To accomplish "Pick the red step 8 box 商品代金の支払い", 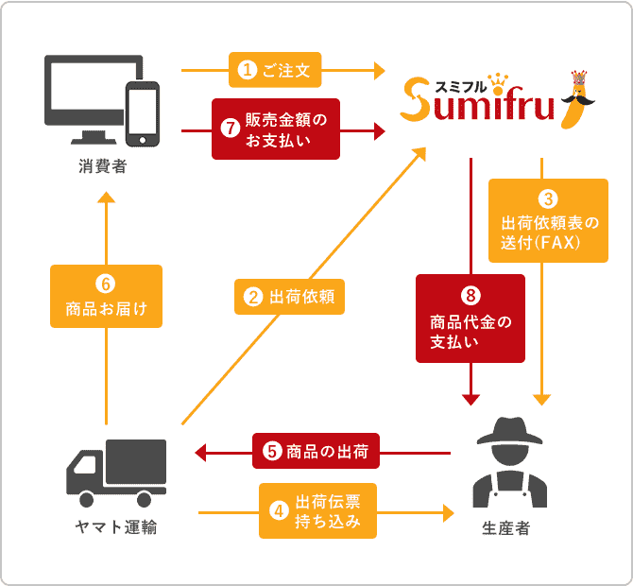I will point(470,319).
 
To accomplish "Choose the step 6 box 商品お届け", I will point(106,296).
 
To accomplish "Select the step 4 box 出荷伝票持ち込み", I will point(316,510).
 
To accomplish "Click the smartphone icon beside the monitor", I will point(142,113).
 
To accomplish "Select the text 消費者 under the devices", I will point(102,168).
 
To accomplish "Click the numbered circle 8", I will point(470,296).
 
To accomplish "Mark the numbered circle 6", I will point(106,283).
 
